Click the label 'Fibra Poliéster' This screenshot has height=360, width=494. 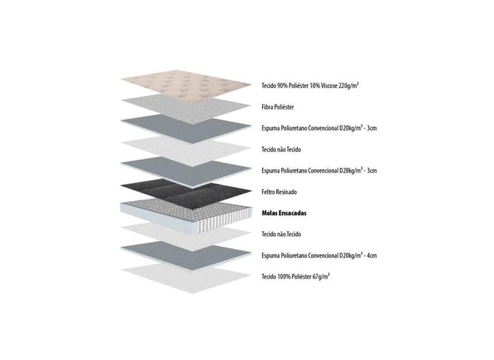277,107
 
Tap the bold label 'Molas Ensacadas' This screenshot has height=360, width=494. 284,213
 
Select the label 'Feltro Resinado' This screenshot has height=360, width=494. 279,192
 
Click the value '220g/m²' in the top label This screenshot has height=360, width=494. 349,85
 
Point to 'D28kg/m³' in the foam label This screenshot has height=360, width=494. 351,171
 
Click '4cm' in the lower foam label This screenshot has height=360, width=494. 371,255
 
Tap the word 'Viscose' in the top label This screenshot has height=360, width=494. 329,86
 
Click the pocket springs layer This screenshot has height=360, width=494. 186,217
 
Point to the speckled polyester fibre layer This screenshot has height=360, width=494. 186,109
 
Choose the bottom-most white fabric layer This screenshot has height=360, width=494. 186,279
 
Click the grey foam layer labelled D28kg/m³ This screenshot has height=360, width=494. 186,171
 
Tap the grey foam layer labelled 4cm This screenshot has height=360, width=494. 186,256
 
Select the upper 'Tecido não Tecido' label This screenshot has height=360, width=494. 281,149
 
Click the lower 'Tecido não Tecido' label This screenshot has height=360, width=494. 281,234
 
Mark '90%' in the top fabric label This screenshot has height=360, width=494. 282,86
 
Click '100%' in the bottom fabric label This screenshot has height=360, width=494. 284,277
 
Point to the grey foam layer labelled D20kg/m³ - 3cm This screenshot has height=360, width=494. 186,129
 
